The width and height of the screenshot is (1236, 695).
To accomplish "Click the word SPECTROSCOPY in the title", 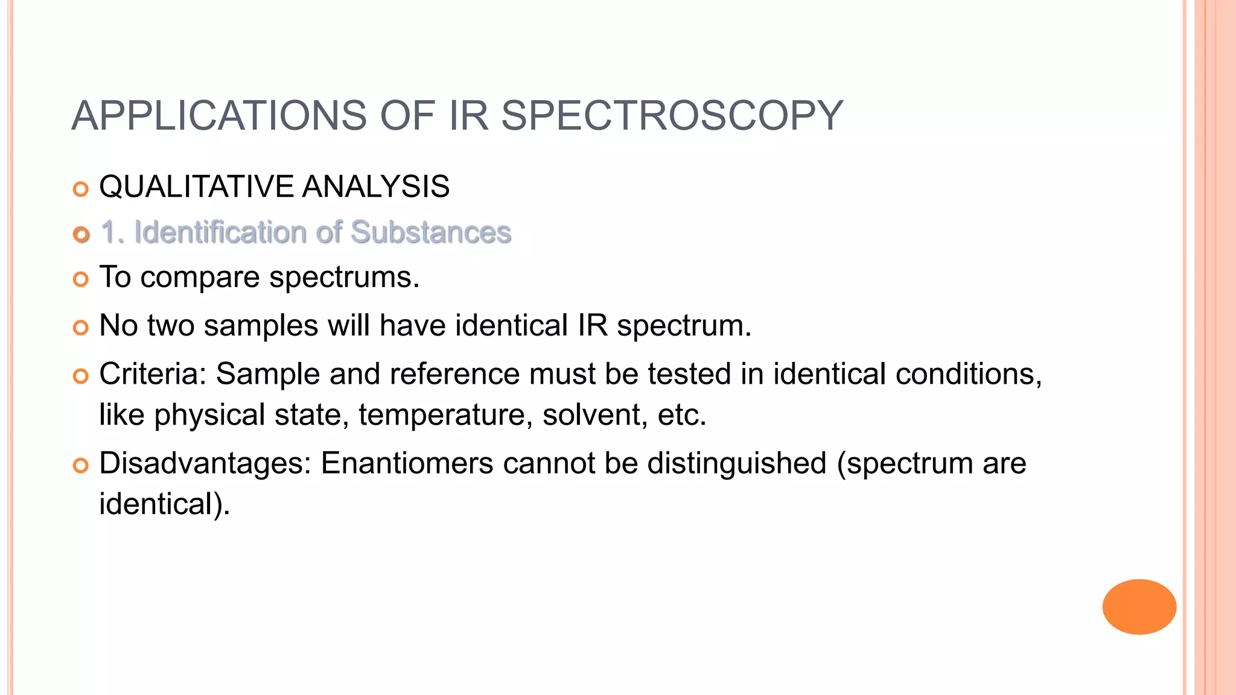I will (x=672, y=115).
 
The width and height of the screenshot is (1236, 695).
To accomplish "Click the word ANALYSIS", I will (x=375, y=186).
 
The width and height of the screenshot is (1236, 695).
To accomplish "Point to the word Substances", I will (x=431, y=232).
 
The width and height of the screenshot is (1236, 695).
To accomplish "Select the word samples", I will (x=261, y=326).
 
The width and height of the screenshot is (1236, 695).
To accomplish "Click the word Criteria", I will (x=153, y=374).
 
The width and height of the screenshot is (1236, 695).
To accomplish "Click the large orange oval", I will (x=1139, y=606).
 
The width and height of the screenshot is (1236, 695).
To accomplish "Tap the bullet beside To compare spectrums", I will (x=80, y=279).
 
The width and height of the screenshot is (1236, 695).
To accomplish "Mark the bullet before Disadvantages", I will (x=80, y=466).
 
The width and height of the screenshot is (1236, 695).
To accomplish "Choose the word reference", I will (x=454, y=374).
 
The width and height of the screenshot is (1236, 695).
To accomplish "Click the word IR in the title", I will (x=468, y=115).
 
